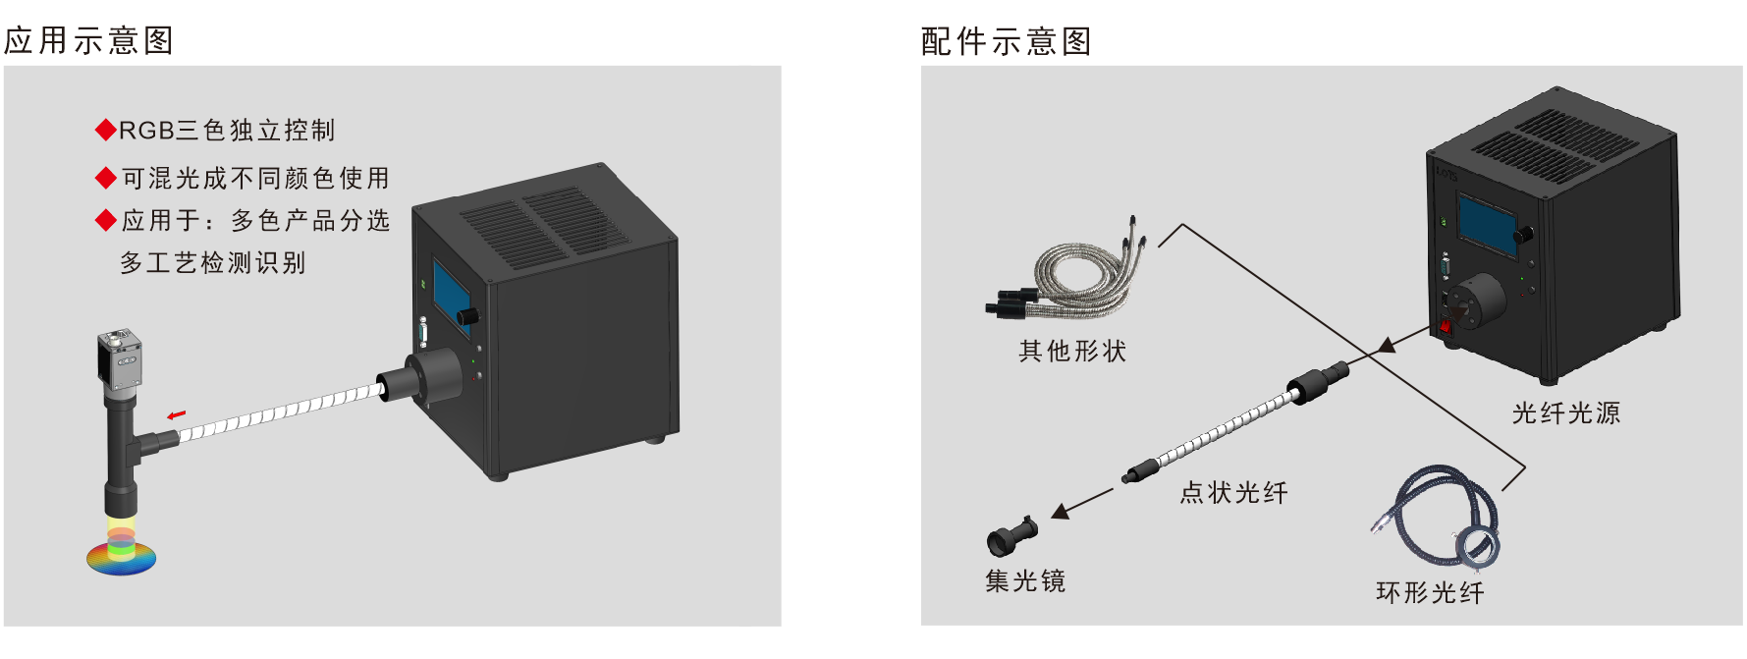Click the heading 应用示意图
pos(89,40)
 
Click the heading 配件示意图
pos(1007,41)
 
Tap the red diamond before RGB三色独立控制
pos(106,130)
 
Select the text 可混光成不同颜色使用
pos(255,178)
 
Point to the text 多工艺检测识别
pos(213,262)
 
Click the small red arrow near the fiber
pos(176,415)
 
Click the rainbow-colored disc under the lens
pos(121,556)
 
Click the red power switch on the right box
pos(1446,326)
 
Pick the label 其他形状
pos(1072,351)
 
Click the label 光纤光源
pos(1566,412)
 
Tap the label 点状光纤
pos(1234,492)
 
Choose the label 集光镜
pos(1025,580)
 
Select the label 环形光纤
pos(1431,592)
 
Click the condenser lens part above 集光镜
pos(1011,536)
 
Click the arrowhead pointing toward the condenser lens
pos(1061,511)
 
